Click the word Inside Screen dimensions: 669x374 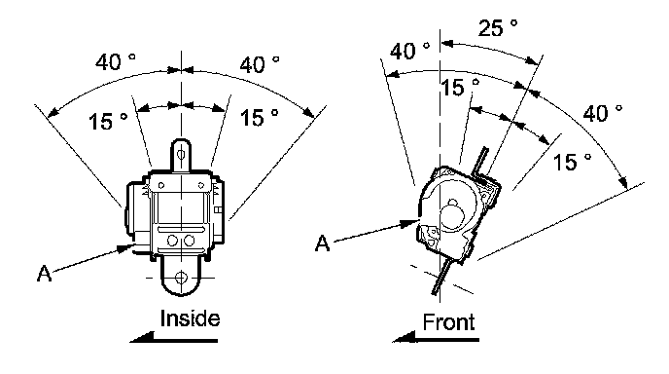[x=190, y=318]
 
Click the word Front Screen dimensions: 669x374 [x=448, y=322]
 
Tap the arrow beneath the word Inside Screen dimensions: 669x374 [x=174, y=338]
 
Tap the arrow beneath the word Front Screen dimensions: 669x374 [x=436, y=337]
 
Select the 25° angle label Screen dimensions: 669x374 [x=498, y=28]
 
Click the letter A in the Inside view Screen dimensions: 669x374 [x=45, y=274]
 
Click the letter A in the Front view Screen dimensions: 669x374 [x=323, y=243]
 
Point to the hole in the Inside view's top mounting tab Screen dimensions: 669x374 [x=181, y=154]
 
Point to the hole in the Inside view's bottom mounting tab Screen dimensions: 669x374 [x=181, y=278]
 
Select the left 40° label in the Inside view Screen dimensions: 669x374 [x=115, y=62]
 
